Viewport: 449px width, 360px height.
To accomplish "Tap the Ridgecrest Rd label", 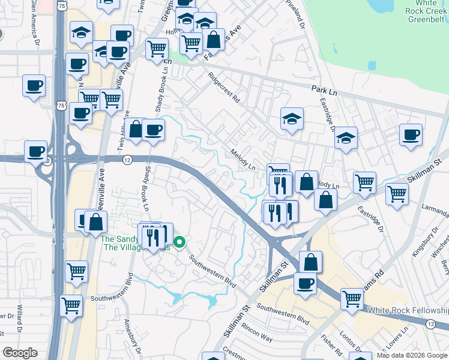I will pos(223,87).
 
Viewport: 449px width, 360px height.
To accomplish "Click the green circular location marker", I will pos(180,243).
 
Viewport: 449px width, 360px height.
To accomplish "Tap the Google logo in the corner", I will pos(20,353).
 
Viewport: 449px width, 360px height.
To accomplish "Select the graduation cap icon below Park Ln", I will pos(292,118).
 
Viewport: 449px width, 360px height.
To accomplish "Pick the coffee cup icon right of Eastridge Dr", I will pos(411,134).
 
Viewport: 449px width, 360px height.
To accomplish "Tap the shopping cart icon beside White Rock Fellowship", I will pos(351,298).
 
